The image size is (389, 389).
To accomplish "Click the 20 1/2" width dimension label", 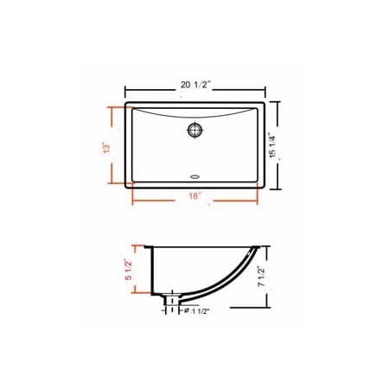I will [x=195, y=85].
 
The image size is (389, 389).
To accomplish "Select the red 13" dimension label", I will [x=105, y=147].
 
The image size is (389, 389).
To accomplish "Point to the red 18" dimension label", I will [x=195, y=196].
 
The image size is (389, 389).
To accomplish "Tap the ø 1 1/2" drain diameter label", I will [x=196, y=309].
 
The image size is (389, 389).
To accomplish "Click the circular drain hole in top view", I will [x=195, y=131].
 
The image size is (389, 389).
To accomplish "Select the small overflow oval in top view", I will [x=194, y=179].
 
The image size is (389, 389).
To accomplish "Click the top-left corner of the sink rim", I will [x=127, y=104].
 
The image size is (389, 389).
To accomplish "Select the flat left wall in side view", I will [x=153, y=268].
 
